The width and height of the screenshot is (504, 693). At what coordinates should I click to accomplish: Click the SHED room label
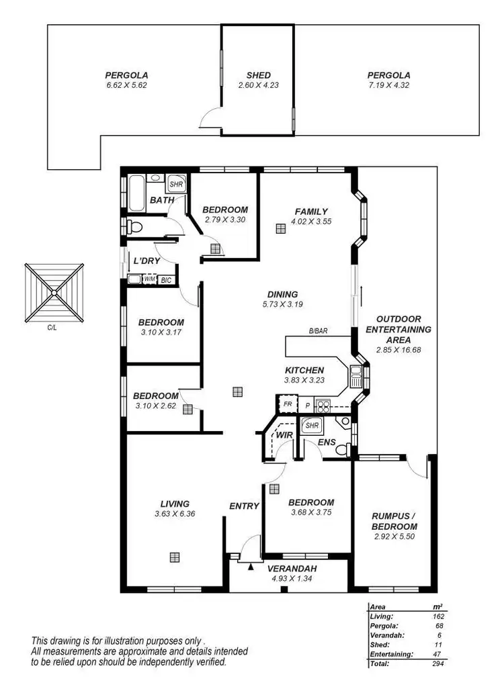click(x=259, y=75)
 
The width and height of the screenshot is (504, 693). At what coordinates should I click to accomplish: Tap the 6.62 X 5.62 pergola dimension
click(x=126, y=85)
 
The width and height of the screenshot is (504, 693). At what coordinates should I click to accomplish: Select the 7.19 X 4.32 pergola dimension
click(x=388, y=85)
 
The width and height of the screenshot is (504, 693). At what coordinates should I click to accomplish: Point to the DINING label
click(x=282, y=294)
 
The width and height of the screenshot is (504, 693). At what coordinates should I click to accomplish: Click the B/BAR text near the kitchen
click(x=318, y=331)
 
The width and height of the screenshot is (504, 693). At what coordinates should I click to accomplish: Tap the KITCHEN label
click(x=304, y=370)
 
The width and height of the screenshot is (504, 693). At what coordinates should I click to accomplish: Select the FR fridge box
click(x=287, y=405)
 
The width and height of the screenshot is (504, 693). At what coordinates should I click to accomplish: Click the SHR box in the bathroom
click(x=176, y=183)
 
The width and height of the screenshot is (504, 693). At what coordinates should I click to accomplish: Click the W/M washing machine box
click(x=149, y=279)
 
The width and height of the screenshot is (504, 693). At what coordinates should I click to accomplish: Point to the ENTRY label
click(x=244, y=506)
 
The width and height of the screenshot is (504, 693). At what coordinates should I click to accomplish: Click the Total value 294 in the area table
click(x=439, y=663)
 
